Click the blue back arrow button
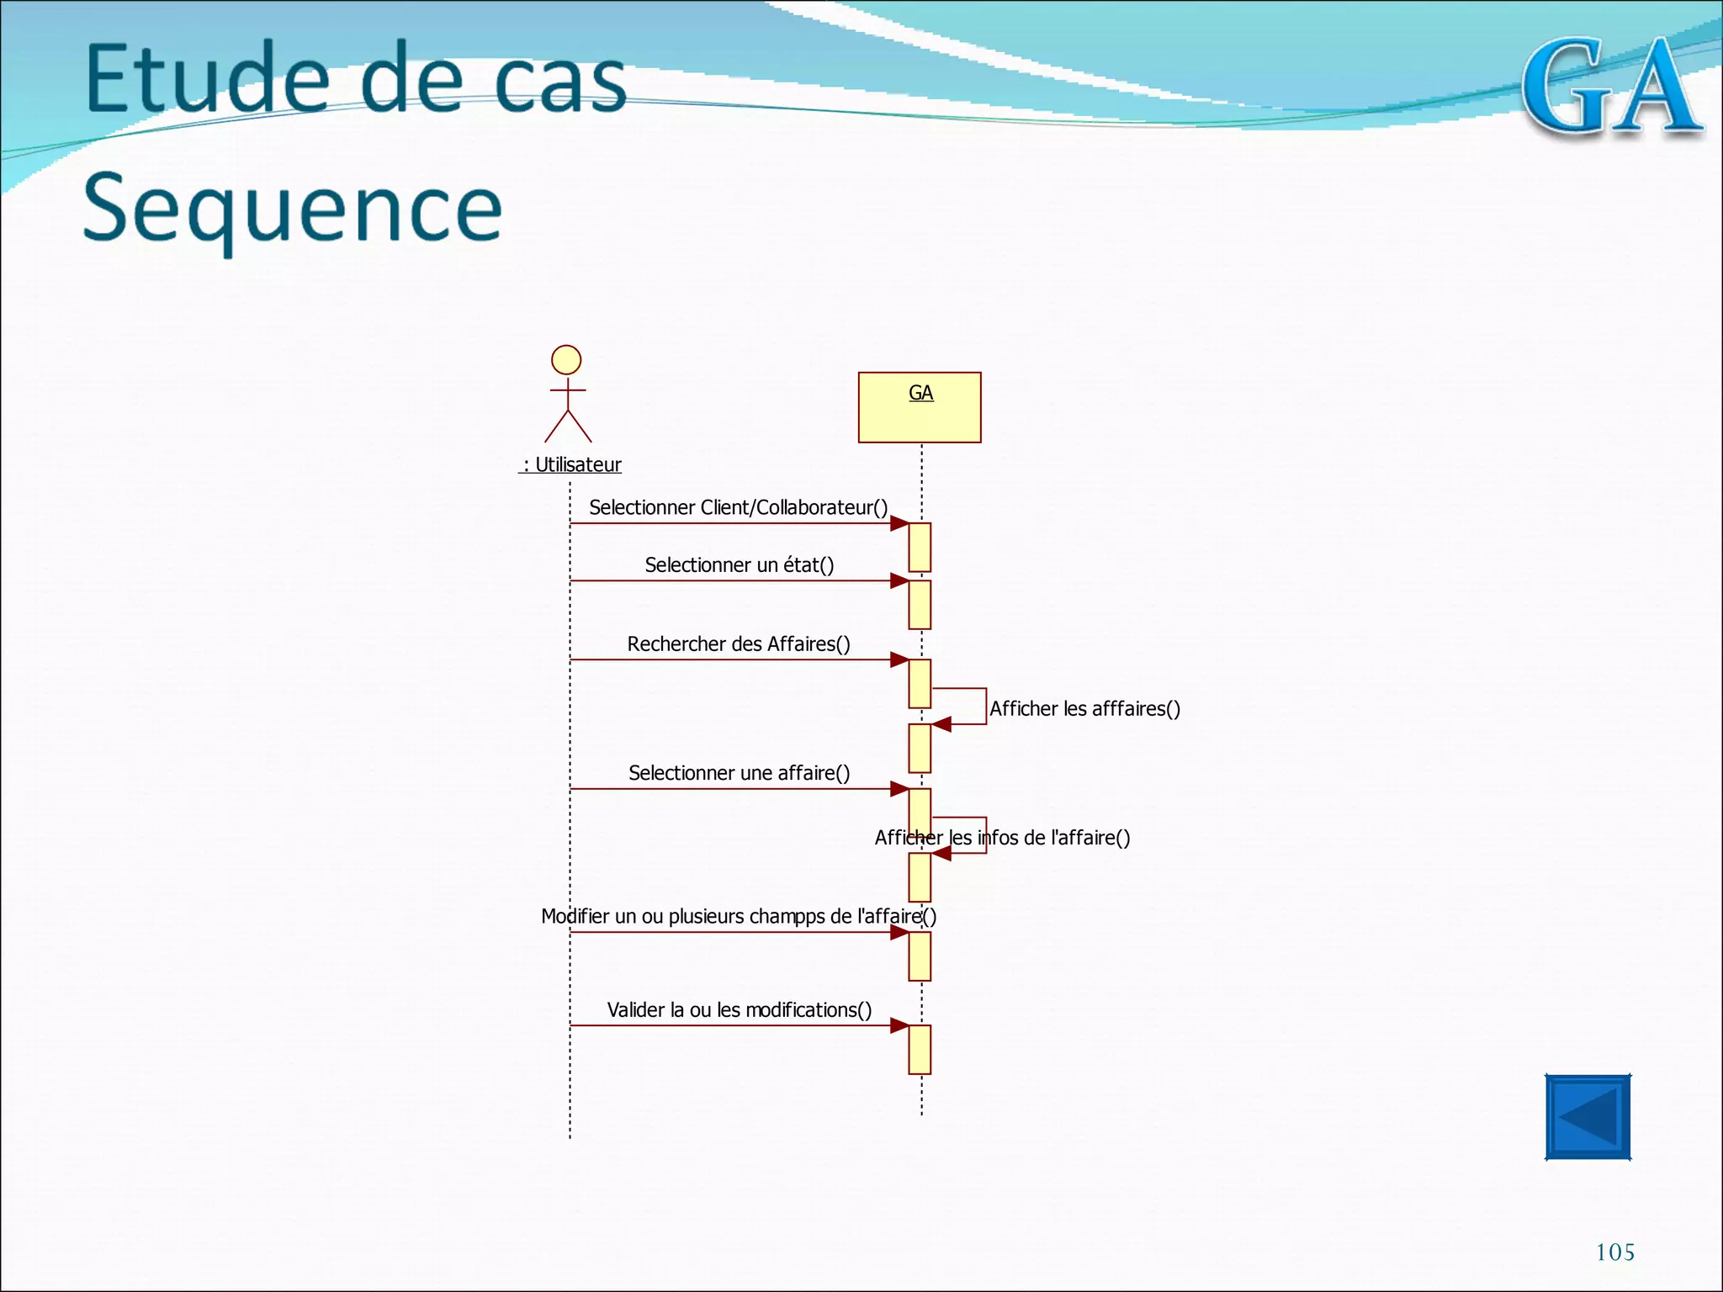[1588, 1117]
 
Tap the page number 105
[1614, 1252]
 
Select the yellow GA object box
[920, 407]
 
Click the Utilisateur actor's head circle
[566, 360]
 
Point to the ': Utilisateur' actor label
[571, 464]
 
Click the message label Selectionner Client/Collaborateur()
[738, 507]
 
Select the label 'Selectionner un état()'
[739, 564]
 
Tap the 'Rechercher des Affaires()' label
[738, 643]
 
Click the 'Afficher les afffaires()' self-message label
[1084, 708]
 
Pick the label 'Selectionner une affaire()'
[739, 772]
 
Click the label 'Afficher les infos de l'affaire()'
[1002, 838]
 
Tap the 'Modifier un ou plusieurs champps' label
[738, 916]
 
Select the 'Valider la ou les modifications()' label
[739, 1009]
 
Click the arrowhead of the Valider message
[899, 1025]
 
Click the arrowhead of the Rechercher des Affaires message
[899, 659]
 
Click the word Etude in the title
[207, 79]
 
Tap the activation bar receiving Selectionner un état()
[920, 604]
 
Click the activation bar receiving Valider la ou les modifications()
[920, 1049]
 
